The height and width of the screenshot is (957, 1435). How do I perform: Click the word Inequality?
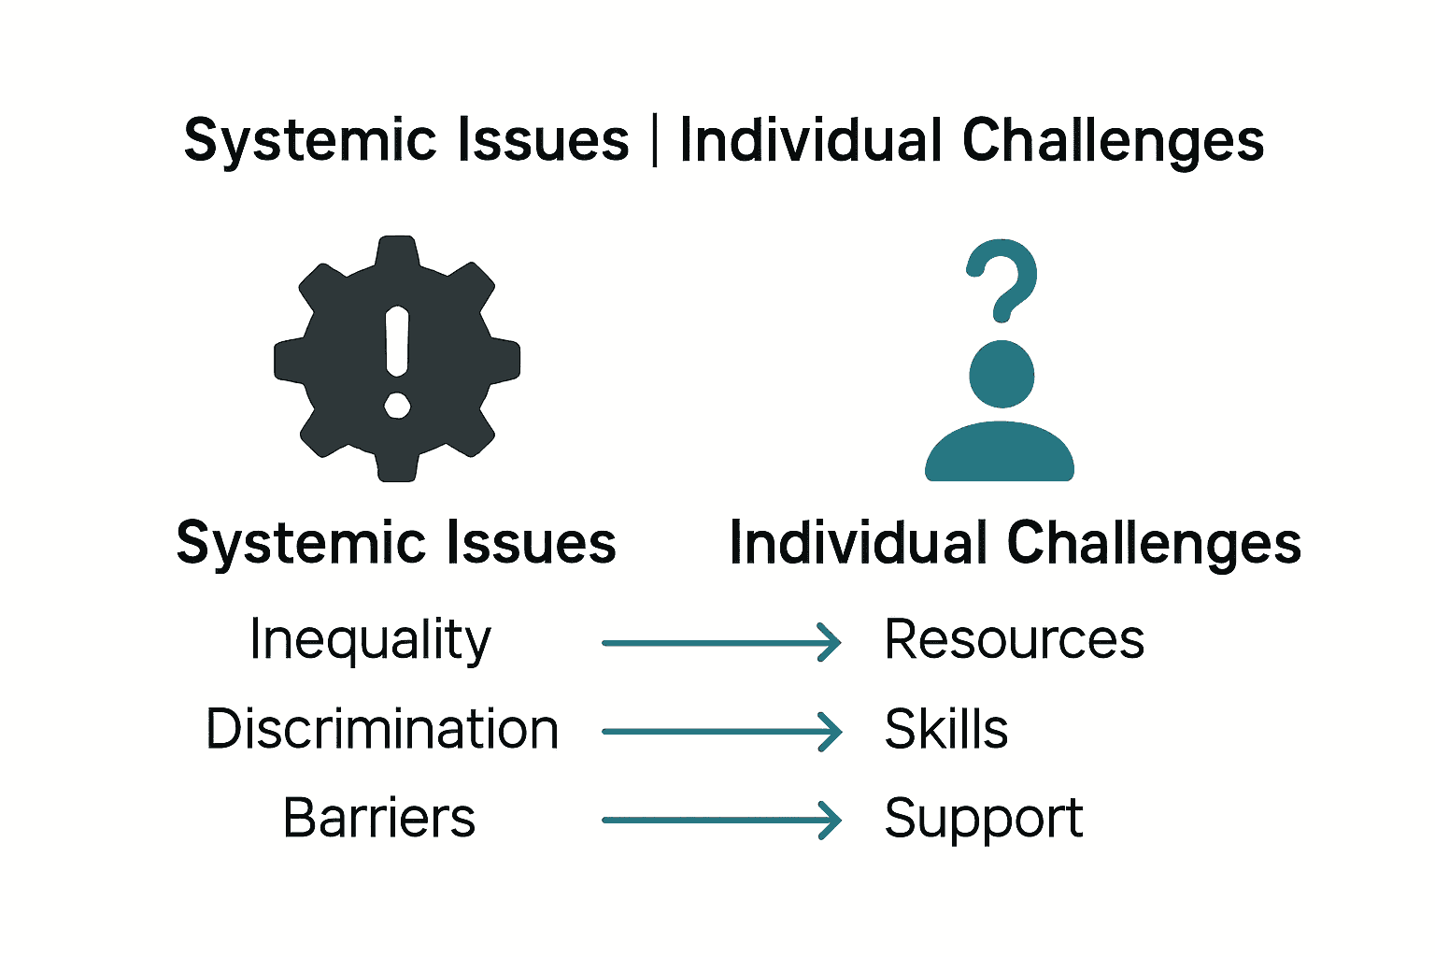(x=370, y=641)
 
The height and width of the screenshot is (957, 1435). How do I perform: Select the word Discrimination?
(x=382, y=730)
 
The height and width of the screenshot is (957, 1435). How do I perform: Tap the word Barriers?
(x=379, y=819)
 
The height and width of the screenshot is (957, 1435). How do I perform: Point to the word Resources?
(x=1014, y=640)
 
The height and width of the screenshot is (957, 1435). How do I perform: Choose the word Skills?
(x=945, y=730)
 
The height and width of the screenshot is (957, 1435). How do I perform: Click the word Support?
(x=983, y=820)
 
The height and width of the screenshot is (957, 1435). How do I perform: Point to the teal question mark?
(x=1002, y=280)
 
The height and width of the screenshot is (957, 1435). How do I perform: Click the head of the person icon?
(x=1002, y=374)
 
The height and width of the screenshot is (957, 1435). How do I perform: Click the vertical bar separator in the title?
(x=654, y=141)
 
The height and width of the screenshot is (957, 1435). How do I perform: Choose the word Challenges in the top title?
(x=1113, y=141)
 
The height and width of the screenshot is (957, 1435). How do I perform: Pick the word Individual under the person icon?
(x=859, y=543)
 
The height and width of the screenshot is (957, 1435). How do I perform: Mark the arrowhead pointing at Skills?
(x=831, y=732)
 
